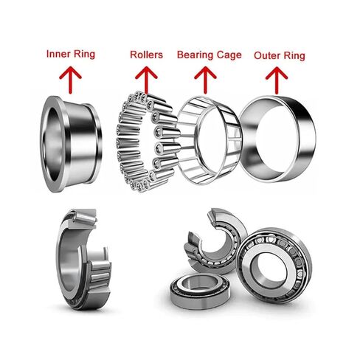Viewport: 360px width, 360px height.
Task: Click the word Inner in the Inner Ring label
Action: [x=58, y=55]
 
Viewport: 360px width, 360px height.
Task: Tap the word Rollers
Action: [x=146, y=55]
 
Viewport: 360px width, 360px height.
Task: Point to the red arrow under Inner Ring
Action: [x=71, y=76]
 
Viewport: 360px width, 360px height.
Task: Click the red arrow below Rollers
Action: [x=146, y=76]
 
